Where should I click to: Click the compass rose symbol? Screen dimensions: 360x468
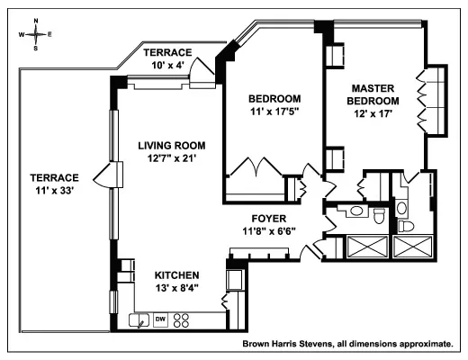point(35,33)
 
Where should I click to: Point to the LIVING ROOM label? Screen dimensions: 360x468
point(171,145)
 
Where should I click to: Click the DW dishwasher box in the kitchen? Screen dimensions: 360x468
point(160,319)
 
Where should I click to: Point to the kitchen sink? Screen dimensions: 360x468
point(139,319)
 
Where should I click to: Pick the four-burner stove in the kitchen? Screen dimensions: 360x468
point(182,319)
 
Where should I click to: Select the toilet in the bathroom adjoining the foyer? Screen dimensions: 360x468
point(379,217)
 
